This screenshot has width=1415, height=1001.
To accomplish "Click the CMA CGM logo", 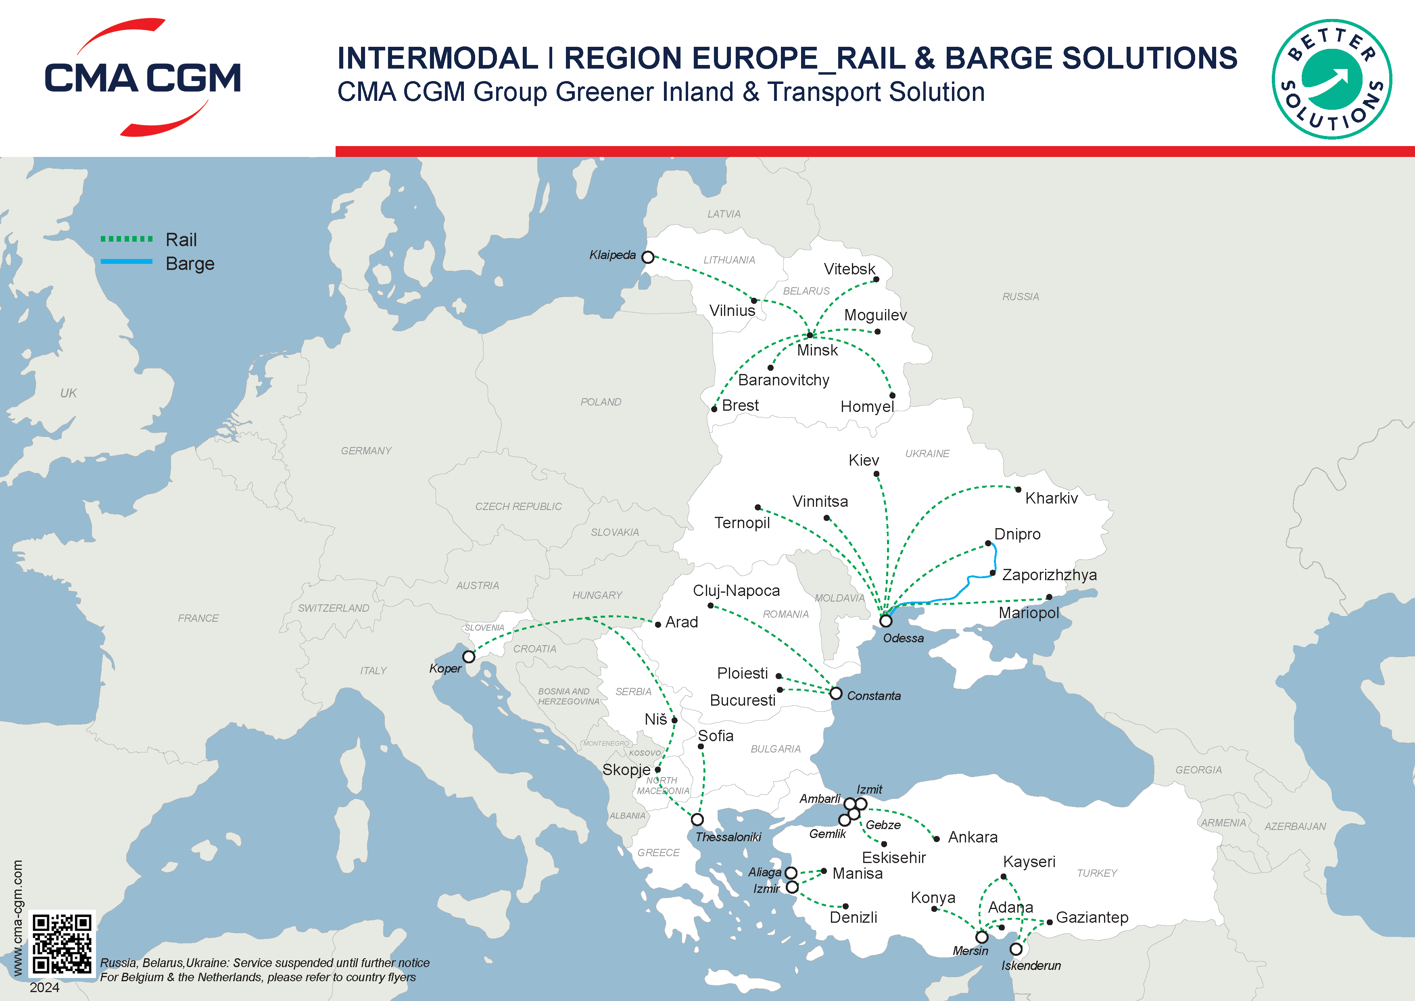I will click(142, 77).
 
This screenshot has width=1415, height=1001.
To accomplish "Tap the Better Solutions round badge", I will click(1331, 79).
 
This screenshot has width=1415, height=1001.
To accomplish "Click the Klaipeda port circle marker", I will click(648, 257).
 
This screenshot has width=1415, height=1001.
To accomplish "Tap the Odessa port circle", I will click(886, 621).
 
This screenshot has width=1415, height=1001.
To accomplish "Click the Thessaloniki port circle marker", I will click(697, 820).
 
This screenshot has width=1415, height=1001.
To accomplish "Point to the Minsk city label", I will click(817, 351).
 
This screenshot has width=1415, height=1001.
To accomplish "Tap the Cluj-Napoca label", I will click(737, 591).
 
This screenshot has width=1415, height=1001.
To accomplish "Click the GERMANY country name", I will click(366, 451).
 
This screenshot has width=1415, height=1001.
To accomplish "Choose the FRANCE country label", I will click(198, 618).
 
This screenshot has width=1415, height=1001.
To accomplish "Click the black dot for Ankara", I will click(937, 839).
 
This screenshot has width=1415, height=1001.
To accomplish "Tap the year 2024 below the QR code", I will click(44, 987).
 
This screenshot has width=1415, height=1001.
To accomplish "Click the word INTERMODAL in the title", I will click(438, 59).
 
